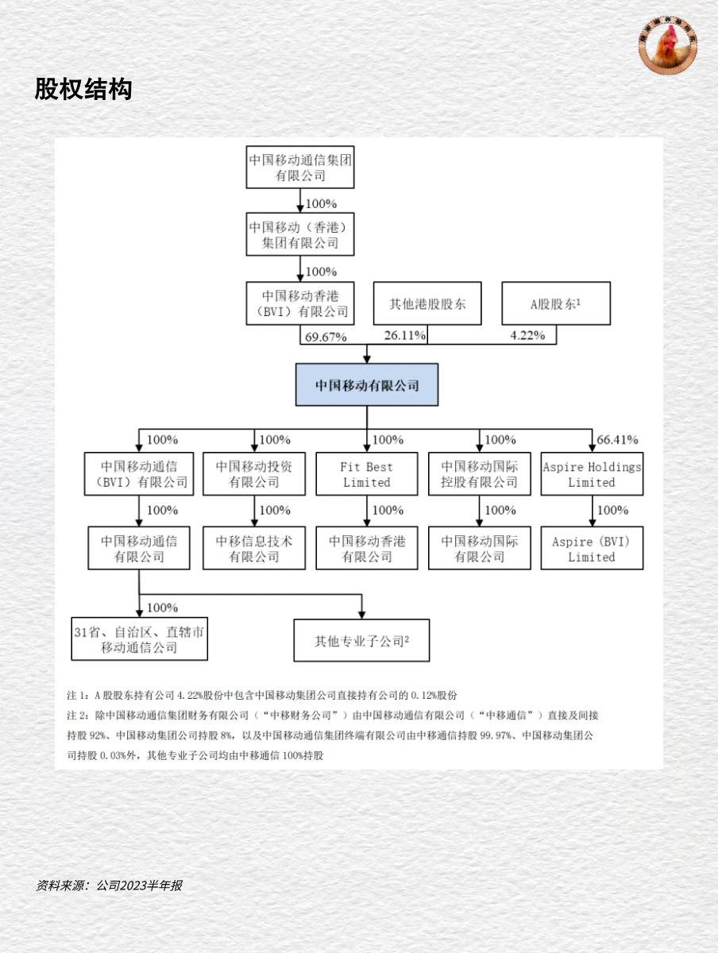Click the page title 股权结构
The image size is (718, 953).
(x=83, y=89)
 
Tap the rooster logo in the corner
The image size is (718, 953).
(x=668, y=46)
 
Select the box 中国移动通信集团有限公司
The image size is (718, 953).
(x=300, y=167)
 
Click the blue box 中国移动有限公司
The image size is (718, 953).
(x=367, y=385)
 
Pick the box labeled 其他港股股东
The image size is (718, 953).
(x=427, y=303)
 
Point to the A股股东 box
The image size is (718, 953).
(x=556, y=303)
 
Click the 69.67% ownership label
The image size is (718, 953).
(x=325, y=336)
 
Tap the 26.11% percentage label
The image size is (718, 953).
(x=405, y=336)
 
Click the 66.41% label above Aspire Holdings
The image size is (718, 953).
(x=617, y=439)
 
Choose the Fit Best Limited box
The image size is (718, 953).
(x=367, y=474)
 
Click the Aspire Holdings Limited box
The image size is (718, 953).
(x=592, y=474)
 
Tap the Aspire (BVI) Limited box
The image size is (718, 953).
(x=592, y=549)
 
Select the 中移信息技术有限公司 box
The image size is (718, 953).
(x=254, y=549)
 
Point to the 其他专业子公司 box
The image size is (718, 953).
(x=361, y=641)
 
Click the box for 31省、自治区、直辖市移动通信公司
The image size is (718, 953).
(x=139, y=639)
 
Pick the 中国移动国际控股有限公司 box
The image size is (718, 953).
(x=480, y=474)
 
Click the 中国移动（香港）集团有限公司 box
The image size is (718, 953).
(x=300, y=234)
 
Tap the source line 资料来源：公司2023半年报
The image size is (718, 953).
(x=110, y=885)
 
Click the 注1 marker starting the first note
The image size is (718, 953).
(x=77, y=693)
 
